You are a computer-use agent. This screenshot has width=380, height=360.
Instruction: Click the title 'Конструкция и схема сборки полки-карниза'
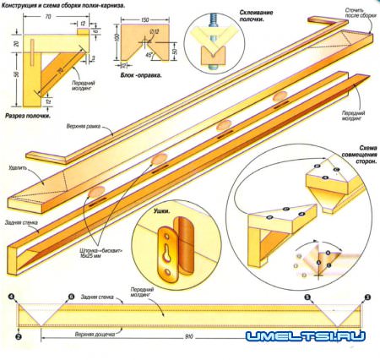pyautogui.click(x=64, y=5)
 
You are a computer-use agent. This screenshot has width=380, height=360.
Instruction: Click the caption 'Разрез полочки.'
pyautogui.click(x=26, y=115)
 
